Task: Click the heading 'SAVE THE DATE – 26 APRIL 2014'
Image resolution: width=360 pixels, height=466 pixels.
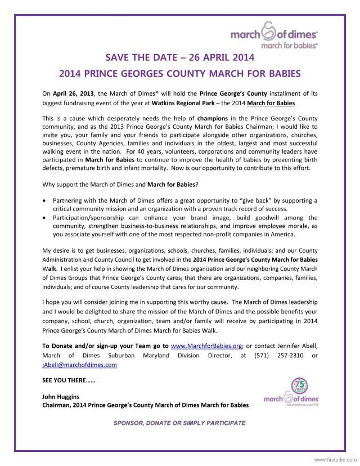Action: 180,57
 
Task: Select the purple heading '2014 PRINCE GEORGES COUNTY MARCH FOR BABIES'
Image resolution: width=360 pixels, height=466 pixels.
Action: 180,74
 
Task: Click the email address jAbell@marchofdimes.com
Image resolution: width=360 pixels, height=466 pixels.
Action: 79,365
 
